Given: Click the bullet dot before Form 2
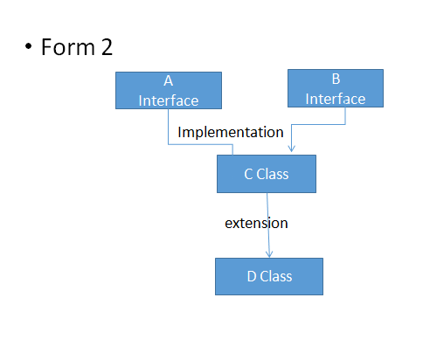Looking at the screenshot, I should coord(29,47).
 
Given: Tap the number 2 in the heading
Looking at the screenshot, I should coord(106,47).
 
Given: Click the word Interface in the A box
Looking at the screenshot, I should coord(168,100).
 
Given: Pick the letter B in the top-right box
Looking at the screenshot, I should coord(336,80).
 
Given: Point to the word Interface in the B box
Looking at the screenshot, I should coord(336,98).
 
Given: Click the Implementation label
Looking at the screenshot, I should coord(231,132).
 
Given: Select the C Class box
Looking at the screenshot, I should coord(266,174).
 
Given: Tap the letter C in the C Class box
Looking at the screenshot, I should coord(248,174).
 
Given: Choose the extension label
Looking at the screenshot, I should coord(256,223).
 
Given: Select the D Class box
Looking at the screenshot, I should coord(269,276).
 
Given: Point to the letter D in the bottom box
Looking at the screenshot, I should coord(251,276).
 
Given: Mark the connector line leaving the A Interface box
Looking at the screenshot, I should coord(169,127).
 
